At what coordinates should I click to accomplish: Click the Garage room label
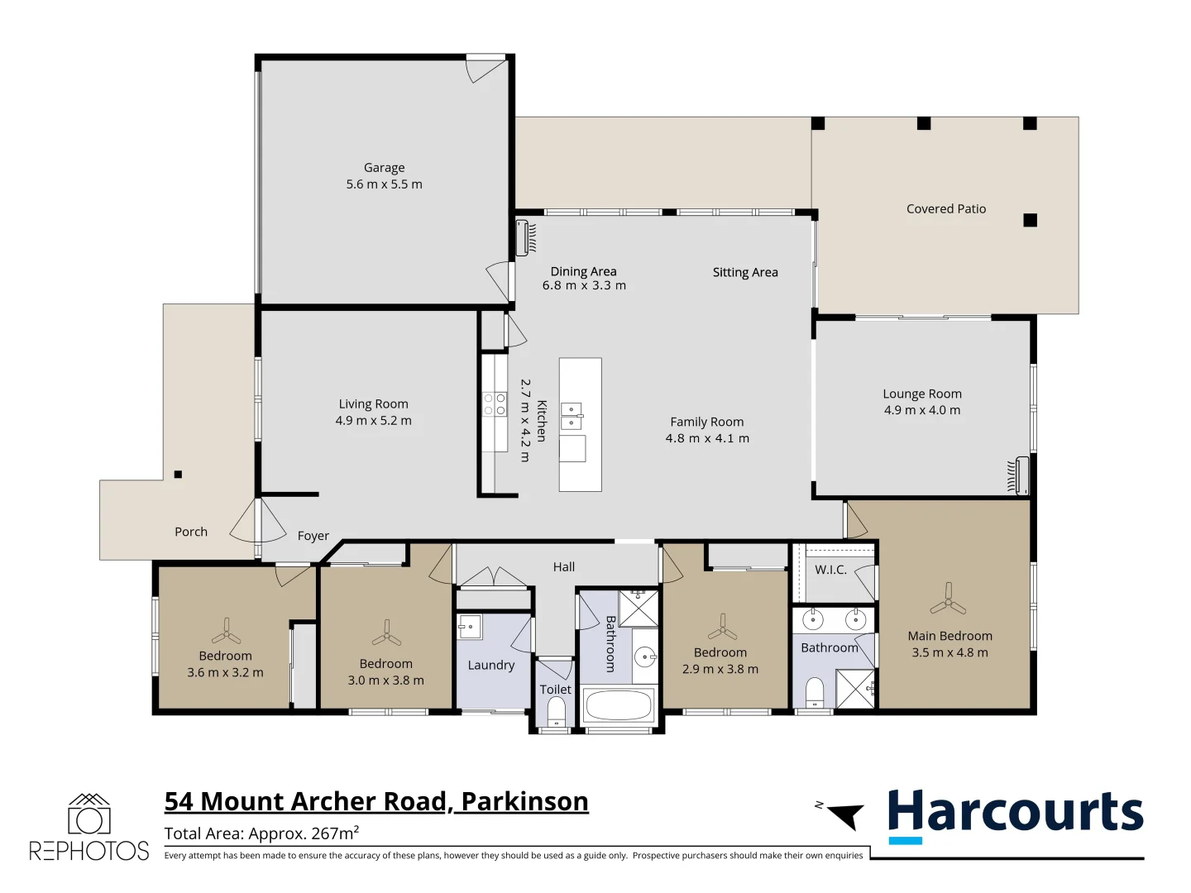pyautogui.click(x=384, y=168)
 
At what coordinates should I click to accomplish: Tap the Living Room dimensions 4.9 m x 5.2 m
pyautogui.click(x=373, y=421)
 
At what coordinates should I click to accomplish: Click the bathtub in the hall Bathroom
pyautogui.click(x=618, y=705)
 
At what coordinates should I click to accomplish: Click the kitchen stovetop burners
pyautogui.click(x=495, y=404)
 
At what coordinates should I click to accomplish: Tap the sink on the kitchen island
pyautogui.click(x=572, y=416)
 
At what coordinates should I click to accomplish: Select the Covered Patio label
pyautogui.click(x=946, y=209)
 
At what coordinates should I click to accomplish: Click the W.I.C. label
pyautogui.click(x=830, y=570)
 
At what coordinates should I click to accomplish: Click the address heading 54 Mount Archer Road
pyautogui.click(x=376, y=801)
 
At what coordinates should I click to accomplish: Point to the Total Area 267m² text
pyautogui.click(x=261, y=833)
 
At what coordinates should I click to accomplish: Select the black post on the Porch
pyautogui.click(x=178, y=475)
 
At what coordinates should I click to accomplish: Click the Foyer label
pyautogui.click(x=313, y=536)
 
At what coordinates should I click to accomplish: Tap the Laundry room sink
pyautogui.click(x=469, y=627)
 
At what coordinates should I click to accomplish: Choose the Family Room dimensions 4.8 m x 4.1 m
pyautogui.click(x=707, y=438)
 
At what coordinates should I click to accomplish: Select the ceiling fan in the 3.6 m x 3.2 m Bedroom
pyautogui.click(x=226, y=633)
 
